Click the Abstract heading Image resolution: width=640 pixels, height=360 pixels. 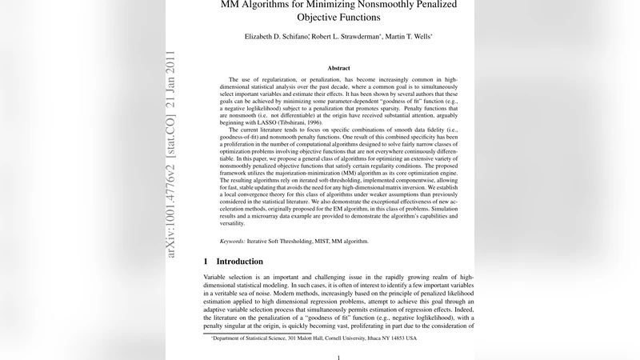pos(338,69)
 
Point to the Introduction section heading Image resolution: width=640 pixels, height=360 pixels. pos(239,262)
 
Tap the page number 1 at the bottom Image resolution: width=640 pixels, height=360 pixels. pos(338,357)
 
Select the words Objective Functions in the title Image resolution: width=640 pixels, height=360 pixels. pos(338,17)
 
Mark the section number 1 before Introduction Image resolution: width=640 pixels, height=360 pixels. pos(206,262)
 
